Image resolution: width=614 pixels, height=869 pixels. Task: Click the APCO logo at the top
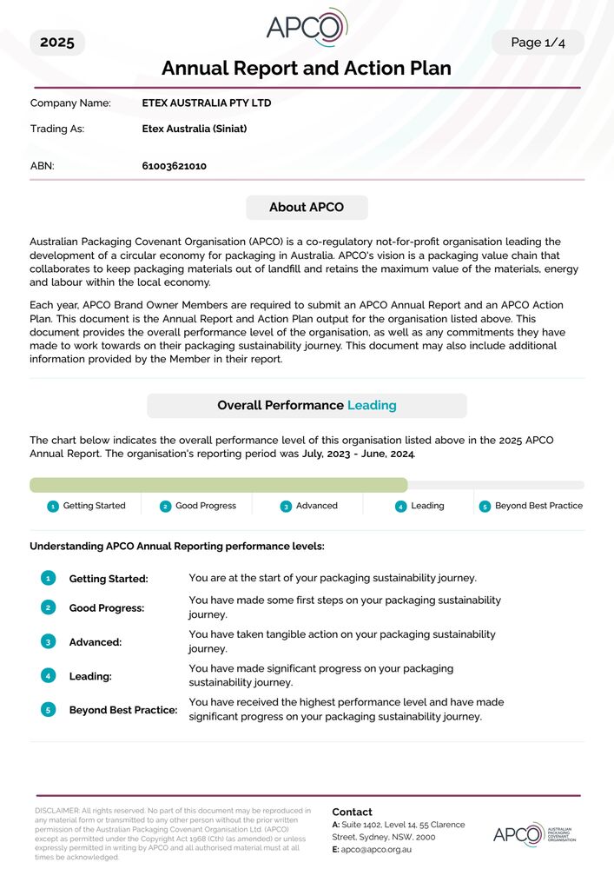pyautogui.click(x=307, y=27)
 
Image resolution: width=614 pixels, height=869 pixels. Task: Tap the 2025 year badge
pyautogui.click(x=57, y=43)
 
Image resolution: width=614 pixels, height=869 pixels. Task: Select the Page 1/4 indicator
pyautogui.click(x=538, y=43)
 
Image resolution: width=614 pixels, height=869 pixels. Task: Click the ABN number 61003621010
pyautogui.click(x=174, y=166)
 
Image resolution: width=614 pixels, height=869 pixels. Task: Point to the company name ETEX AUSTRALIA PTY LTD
pyautogui.click(x=207, y=103)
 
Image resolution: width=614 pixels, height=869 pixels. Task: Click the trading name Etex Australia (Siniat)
pyautogui.click(x=195, y=129)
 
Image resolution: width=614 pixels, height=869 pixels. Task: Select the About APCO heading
pyautogui.click(x=307, y=208)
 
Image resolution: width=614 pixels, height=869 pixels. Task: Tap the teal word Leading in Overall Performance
pyautogui.click(x=372, y=406)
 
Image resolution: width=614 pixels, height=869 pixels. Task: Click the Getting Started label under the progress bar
pyautogui.click(x=94, y=506)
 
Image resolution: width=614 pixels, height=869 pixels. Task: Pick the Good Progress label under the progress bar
pyautogui.click(x=206, y=506)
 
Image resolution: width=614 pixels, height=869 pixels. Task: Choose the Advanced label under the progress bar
pyautogui.click(x=316, y=506)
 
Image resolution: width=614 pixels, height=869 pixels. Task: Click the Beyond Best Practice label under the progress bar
pyautogui.click(x=538, y=506)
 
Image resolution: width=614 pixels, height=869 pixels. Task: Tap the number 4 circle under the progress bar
pyautogui.click(x=400, y=507)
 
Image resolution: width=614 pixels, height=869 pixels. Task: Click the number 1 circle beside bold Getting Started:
pyautogui.click(x=49, y=578)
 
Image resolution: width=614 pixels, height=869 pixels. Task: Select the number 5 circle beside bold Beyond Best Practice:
pyautogui.click(x=49, y=710)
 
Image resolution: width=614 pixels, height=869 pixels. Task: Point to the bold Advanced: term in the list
pyautogui.click(x=96, y=642)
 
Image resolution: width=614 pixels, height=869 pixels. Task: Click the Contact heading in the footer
pyautogui.click(x=352, y=812)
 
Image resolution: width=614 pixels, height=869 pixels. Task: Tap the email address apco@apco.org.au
pyautogui.click(x=376, y=849)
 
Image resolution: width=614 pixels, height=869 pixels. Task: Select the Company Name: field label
pyautogui.click(x=70, y=103)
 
